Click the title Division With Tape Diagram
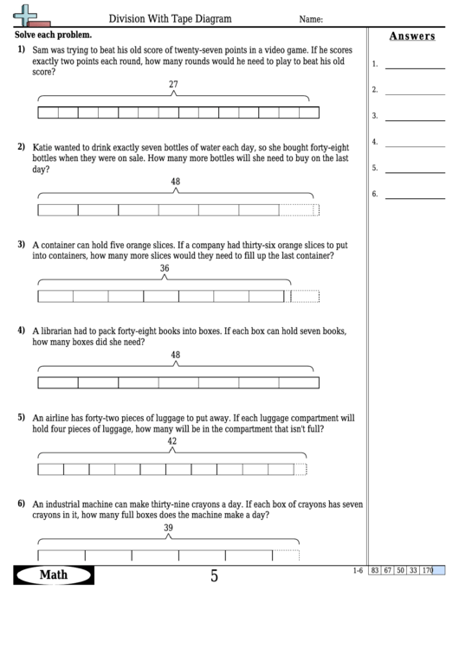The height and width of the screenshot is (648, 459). pos(165,18)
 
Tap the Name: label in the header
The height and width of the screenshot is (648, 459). pos(311,19)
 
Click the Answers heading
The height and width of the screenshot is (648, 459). pos(412,36)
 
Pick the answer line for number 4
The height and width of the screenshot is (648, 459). pos(414,144)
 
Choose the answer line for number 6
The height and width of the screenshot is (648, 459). pos(414,196)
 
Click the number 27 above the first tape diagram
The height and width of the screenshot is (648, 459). pos(173,84)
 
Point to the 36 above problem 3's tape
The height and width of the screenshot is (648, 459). pos(165,268)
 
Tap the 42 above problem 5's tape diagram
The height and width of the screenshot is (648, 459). pos(171,441)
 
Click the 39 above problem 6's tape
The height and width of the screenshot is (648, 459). pos(168,528)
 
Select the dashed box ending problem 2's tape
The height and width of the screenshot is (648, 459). pos(300,209)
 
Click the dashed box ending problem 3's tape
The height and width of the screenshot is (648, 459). pos(305,296)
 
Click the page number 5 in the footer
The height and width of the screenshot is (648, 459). pos(214,575)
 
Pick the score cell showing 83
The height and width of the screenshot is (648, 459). pos(375,570)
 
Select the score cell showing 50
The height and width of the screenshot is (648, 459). pos(400,570)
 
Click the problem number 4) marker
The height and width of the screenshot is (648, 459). pos(21,330)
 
